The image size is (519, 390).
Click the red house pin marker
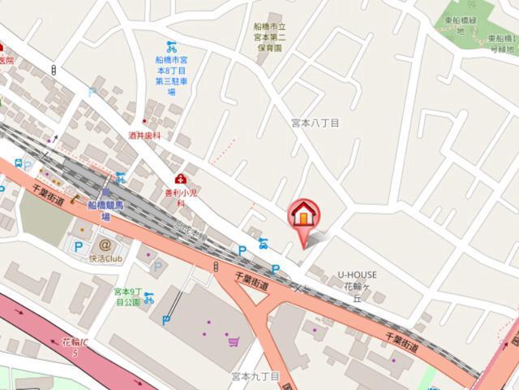pos(305,216)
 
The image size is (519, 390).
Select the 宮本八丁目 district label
pos(315,123)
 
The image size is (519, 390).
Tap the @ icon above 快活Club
pos(105,244)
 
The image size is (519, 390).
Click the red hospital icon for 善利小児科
pos(180,179)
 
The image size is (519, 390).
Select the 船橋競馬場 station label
pos(105,210)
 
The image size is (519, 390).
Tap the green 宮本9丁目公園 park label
pos(128,297)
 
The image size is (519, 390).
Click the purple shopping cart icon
pos(234,341)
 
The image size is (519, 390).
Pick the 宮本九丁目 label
pos(255,377)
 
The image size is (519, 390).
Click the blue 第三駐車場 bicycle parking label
pos(172,75)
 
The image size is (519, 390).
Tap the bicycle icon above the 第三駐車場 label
pos(172,45)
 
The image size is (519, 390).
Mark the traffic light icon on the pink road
pos(217,266)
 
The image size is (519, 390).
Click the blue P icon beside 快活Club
pos(79,246)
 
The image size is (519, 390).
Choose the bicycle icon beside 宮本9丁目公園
pos(149,297)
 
